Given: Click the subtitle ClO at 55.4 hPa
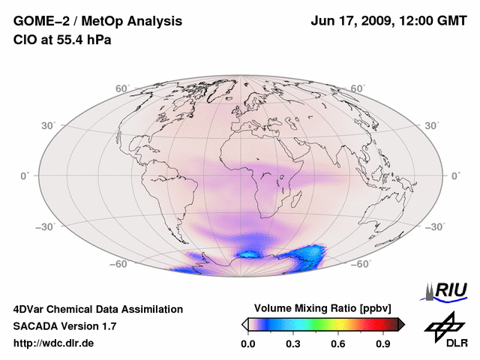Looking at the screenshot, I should tap(62, 40).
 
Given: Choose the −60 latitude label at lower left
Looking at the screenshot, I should tap(118, 263).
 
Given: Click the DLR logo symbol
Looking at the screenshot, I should tap(443, 325).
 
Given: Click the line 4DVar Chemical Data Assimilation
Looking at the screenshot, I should tap(97, 309).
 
